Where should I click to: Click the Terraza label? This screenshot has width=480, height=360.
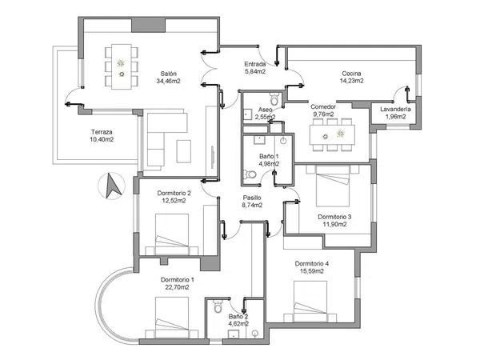tap(102, 132)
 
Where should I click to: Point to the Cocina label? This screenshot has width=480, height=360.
tap(351, 73)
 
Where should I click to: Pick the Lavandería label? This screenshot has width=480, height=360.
tap(396, 109)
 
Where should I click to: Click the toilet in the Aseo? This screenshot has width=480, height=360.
tap(274, 100)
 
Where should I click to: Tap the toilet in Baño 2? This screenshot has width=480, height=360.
tap(218, 307)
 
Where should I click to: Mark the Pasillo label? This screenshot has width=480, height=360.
tap(252, 198)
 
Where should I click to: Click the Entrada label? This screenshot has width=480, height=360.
tap(256, 63)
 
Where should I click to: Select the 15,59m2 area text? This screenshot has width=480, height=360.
tap(311, 272)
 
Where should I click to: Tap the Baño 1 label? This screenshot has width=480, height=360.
tap(269, 156)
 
